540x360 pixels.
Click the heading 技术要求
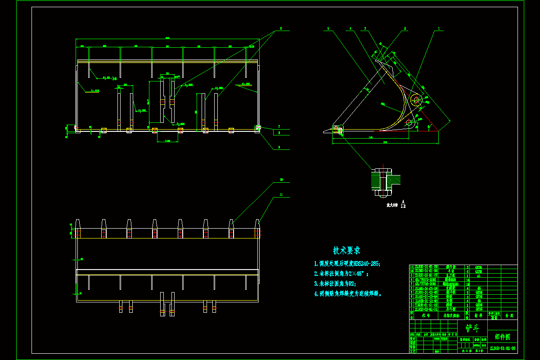tap(346, 251)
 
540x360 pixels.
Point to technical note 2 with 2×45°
tap(343, 273)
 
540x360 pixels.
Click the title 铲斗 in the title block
tap(472, 328)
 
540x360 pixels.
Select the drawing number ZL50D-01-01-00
tap(503, 348)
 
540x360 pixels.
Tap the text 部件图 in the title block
tap(502, 337)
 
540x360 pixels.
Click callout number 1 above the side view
tap(439, 28)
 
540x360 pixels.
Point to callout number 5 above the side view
tap(328, 28)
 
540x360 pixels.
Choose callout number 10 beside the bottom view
tap(281, 180)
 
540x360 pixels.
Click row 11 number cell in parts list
tap(411, 267)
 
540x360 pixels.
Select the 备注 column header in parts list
tap(509, 316)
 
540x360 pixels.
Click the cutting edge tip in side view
tap(324, 131)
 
